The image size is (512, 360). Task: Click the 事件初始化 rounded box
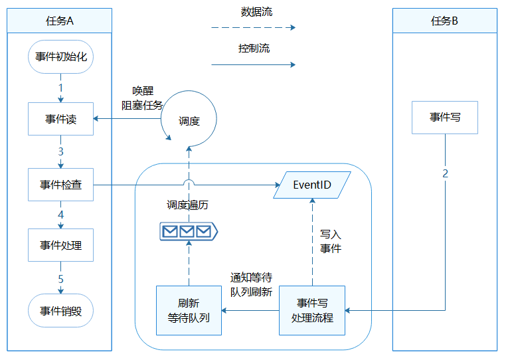[60, 57]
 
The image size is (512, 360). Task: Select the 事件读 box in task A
[60, 120]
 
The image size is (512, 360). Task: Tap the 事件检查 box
[60, 185]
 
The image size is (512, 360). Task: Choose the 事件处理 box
[60, 245]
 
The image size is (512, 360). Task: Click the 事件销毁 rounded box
[60, 310]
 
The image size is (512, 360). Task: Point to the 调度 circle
[189, 120]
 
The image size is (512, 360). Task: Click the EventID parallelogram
[312, 185]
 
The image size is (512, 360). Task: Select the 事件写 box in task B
[444, 118]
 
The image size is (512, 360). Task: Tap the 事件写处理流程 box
[312, 310]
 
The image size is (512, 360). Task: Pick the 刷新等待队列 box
[189, 310]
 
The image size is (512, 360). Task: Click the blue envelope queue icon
[189, 231]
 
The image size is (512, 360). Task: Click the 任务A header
[60, 21]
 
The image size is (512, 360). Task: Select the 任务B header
[444, 21]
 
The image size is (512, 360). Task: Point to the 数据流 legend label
[256, 11]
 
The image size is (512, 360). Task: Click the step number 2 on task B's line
[445, 173]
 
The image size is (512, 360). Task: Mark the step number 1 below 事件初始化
[60, 87]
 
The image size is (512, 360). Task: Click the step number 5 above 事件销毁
[60, 278]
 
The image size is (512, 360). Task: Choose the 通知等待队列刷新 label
[251, 284]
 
